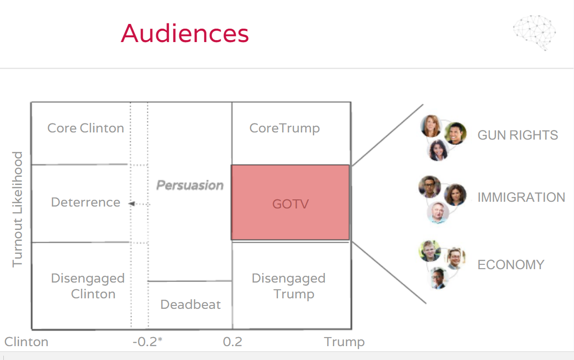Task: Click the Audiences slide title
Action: [185, 33]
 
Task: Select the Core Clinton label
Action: [86, 128]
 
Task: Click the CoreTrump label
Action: [285, 128]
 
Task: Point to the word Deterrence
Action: [86, 202]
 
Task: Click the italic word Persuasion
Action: [190, 185]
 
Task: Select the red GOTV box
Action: [290, 203]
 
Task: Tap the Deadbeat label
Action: [190, 305]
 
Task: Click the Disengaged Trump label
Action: [288, 286]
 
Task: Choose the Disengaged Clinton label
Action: [88, 286]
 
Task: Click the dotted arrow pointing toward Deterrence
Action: [139, 204]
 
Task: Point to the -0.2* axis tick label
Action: [148, 342]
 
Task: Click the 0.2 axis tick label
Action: [232, 342]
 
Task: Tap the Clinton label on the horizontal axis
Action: [27, 342]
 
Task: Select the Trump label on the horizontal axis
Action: [344, 342]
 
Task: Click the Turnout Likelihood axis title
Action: [18, 209]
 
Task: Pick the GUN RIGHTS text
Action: [518, 135]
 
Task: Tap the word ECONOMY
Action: [511, 265]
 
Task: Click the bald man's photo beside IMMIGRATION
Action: [438, 213]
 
